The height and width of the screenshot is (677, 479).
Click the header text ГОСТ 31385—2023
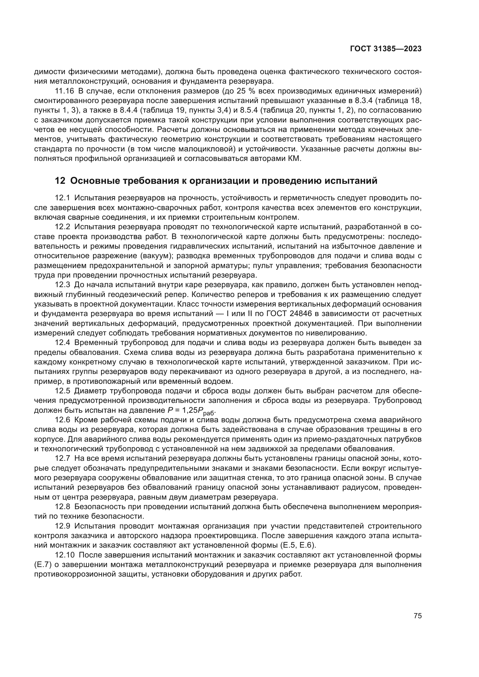(386, 49)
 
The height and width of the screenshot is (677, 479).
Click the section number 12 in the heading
(60, 180)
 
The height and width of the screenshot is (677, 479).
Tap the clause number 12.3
(63, 285)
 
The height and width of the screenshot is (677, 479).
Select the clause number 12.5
(63, 391)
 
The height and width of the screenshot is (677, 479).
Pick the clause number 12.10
(65, 555)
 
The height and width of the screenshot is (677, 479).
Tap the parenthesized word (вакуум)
(157, 256)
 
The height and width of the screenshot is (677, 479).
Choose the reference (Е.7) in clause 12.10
(43, 565)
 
